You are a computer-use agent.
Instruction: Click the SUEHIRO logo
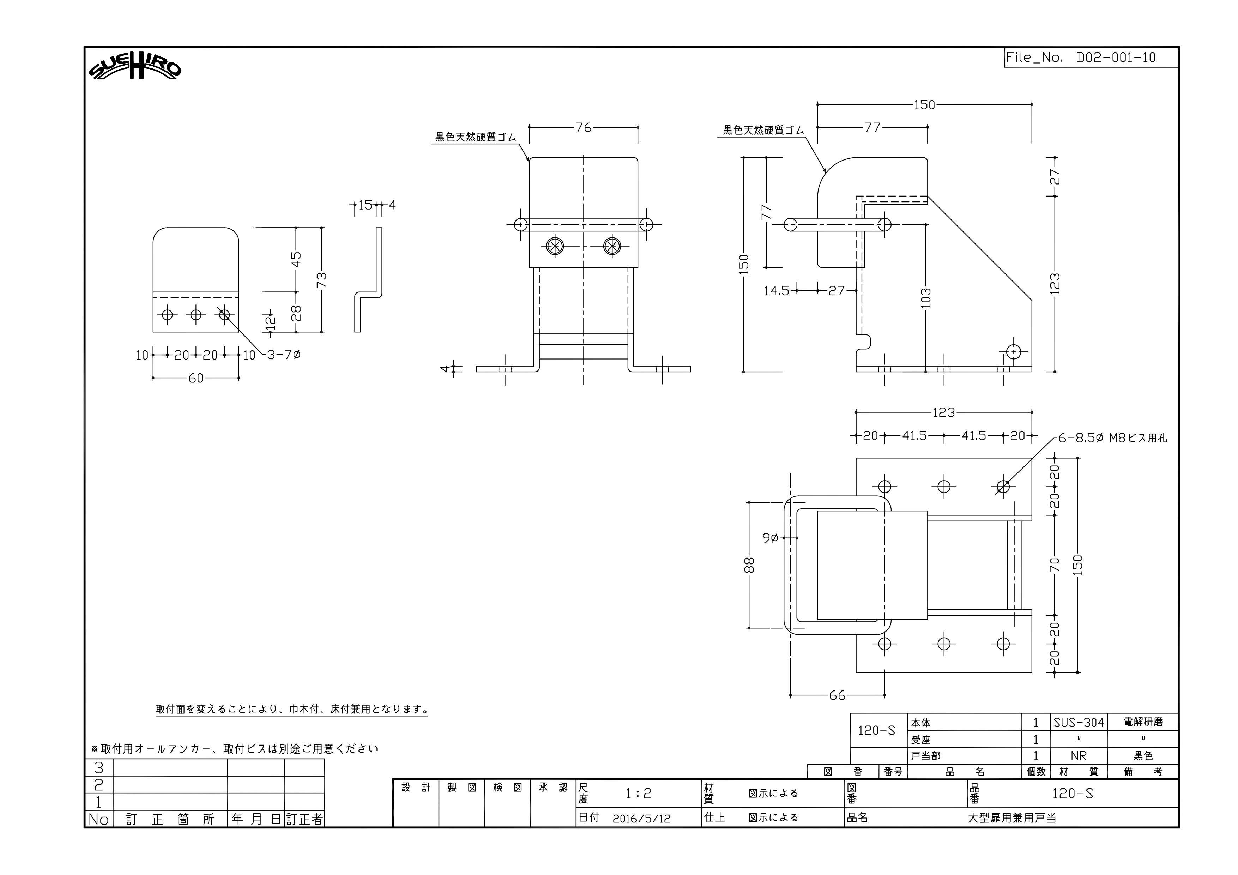(x=135, y=68)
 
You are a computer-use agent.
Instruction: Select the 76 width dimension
(x=584, y=127)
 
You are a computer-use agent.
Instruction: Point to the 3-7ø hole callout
(x=284, y=355)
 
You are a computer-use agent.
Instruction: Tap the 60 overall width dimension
(x=196, y=379)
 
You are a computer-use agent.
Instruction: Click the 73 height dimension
(x=321, y=279)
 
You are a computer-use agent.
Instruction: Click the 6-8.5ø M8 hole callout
(x=1112, y=438)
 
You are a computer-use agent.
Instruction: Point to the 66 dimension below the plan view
(x=837, y=695)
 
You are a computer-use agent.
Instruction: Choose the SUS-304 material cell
(x=1079, y=723)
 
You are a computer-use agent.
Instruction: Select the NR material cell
(x=1079, y=756)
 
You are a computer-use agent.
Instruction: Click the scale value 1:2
(x=639, y=793)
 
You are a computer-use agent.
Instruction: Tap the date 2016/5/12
(x=642, y=819)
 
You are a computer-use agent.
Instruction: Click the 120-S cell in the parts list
(x=877, y=730)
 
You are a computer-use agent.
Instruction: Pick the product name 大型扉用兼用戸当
(x=1012, y=818)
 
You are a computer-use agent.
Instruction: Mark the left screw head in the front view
(x=554, y=246)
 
